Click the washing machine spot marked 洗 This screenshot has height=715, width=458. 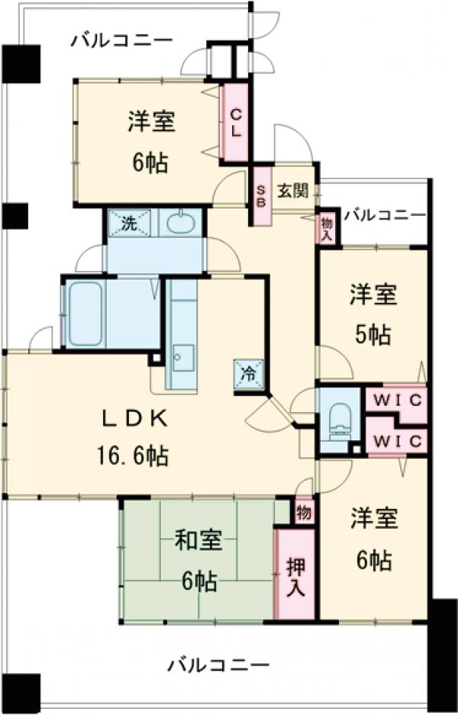[129, 224]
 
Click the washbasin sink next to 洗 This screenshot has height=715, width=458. [180, 224]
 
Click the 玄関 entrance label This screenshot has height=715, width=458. [290, 190]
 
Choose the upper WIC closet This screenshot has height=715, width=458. [395, 398]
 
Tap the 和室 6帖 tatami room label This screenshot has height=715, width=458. [198, 562]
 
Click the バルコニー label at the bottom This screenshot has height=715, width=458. [218, 665]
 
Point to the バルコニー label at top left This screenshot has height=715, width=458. [121, 40]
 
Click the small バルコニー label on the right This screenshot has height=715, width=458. [383, 215]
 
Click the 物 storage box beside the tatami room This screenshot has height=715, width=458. [303, 510]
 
